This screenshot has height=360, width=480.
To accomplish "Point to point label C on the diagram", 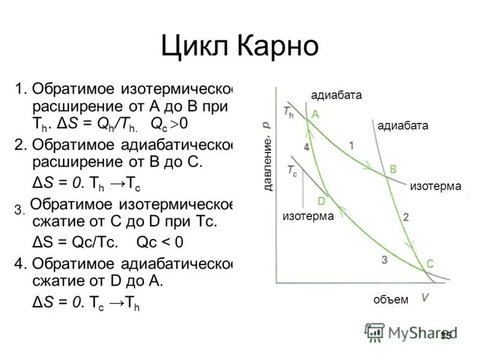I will click(x=431, y=263).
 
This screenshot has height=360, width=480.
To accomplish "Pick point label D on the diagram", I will click(x=322, y=200).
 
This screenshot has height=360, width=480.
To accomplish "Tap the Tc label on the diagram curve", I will click(x=292, y=170).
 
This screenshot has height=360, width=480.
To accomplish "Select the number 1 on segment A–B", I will click(x=352, y=145).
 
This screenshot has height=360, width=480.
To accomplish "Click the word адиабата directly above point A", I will click(x=337, y=95).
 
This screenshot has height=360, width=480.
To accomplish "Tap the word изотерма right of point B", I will click(x=436, y=187).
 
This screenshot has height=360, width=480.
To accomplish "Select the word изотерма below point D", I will click(x=308, y=216).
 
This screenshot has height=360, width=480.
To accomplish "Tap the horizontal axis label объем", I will click(x=391, y=299).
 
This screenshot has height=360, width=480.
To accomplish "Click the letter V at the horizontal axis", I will click(x=425, y=296).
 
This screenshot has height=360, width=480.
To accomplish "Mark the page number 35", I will click(x=445, y=335).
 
